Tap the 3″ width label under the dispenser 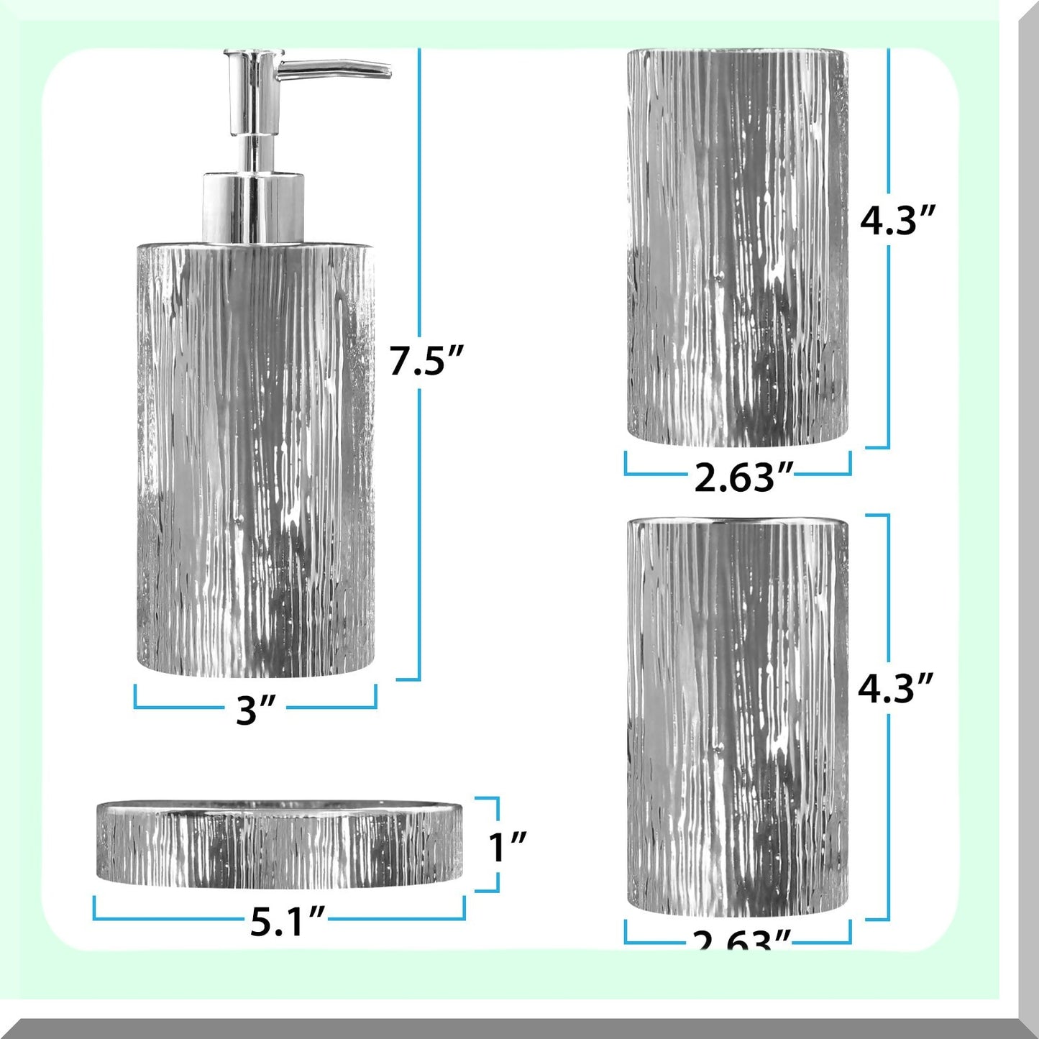click(256, 710)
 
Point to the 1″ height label click(508, 846)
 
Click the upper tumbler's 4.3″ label click(898, 220)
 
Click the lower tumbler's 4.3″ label click(895, 689)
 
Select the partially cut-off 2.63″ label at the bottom click(741, 938)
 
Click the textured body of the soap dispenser click(255, 460)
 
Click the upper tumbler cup click(738, 248)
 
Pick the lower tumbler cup click(738, 719)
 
